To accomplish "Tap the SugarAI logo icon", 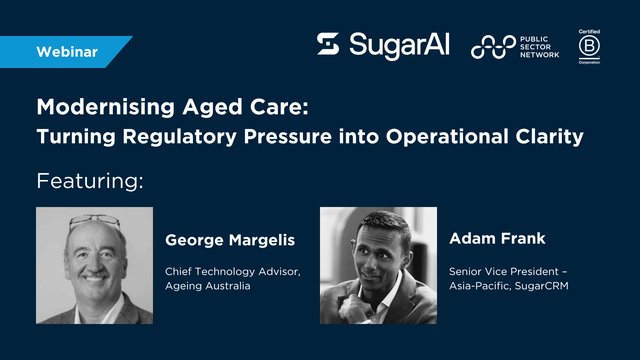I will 328,44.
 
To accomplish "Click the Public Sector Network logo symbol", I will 493,46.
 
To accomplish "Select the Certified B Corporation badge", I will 588,45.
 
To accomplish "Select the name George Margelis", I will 226,240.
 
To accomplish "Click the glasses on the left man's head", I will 95,221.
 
